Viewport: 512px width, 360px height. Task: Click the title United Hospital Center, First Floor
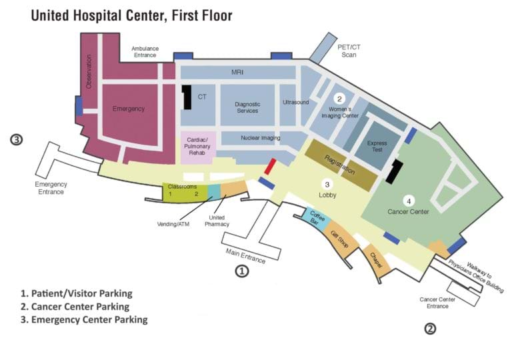click(131, 15)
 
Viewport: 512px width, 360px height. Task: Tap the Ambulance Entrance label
click(145, 52)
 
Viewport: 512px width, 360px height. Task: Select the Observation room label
click(89, 72)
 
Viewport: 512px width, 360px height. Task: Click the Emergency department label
click(129, 109)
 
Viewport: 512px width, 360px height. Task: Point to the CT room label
click(201, 97)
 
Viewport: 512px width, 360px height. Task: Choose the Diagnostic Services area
click(247, 107)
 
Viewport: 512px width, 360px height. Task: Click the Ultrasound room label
click(295, 103)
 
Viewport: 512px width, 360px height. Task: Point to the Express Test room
click(377, 147)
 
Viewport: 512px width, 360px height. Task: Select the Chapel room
click(376, 260)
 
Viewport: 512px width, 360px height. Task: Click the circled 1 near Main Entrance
click(241, 271)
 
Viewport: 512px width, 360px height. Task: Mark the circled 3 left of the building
click(17, 140)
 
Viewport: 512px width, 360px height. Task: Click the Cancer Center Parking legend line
click(75, 307)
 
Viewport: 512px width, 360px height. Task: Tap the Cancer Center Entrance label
click(438, 302)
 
